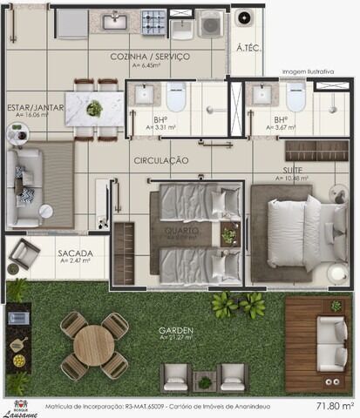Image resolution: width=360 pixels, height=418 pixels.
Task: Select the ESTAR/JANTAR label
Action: (x=36, y=107)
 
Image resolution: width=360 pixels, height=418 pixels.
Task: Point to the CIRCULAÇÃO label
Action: (x=161, y=161)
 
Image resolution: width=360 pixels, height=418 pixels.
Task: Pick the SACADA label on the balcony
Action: (x=75, y=253)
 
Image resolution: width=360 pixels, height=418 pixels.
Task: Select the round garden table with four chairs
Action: (x=94, y=345)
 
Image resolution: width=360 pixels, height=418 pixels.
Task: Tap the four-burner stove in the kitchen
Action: (x=153, y=19)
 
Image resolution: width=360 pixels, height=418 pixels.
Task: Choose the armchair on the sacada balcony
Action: (x=24, y=253)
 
